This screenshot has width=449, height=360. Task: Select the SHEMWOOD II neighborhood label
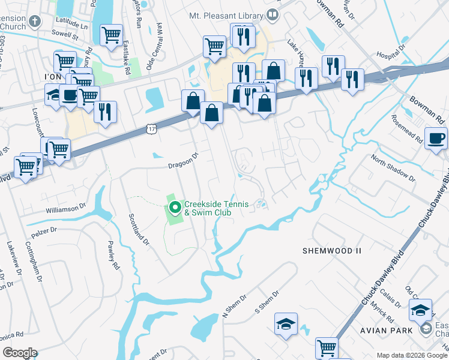click(326, 250)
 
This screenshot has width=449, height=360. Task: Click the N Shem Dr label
click(235, 306)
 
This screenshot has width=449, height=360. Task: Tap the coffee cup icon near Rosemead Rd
click(436, 138)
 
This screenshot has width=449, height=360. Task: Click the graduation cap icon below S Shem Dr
click(286, 324)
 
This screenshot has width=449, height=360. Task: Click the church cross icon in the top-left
click(35, 22)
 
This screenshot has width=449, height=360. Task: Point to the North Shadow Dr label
click(393, 169)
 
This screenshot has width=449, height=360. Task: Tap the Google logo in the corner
click(20, 353)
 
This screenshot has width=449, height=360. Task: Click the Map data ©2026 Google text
click(411, 355)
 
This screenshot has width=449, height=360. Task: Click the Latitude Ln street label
click(71, 26)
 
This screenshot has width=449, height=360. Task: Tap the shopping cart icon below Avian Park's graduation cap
click(327, 348)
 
